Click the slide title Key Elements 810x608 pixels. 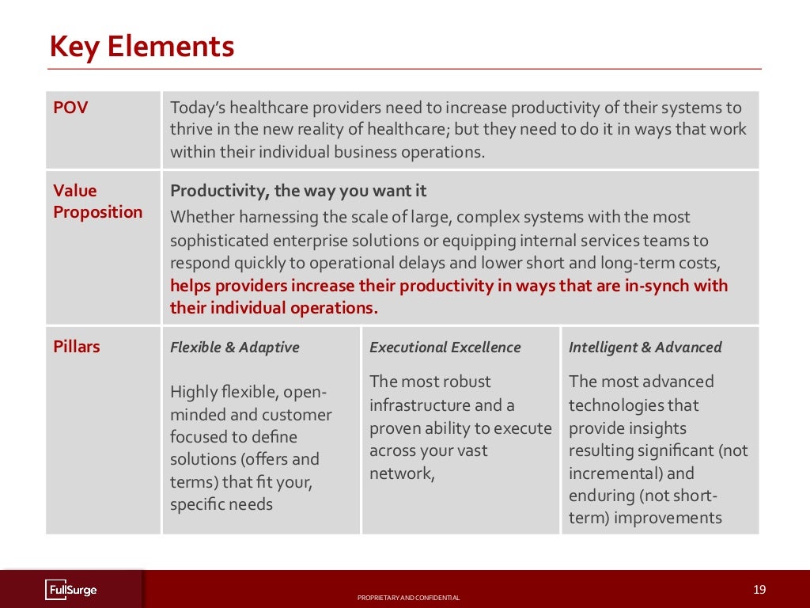(142, 47)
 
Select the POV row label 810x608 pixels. (70, 108)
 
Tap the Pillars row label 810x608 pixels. (77, 347)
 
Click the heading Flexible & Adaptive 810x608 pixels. (235, 347)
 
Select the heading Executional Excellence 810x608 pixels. (445, 347)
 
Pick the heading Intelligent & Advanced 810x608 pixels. (645, 347)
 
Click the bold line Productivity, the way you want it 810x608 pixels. (298, 191)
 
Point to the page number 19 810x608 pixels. (759, 589)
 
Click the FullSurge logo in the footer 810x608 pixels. (71, 590)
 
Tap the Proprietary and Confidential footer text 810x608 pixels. (408, 598)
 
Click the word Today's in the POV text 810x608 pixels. (195, 108)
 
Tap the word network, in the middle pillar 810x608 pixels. (402, 474)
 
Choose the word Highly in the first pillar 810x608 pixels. (193, 392)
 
